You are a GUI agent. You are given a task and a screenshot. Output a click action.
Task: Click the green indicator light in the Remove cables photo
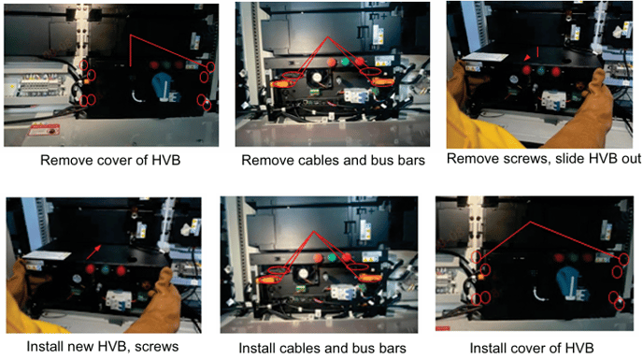345,62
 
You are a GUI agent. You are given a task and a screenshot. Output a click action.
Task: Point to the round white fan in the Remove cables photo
316,78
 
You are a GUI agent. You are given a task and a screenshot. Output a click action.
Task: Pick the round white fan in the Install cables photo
303,274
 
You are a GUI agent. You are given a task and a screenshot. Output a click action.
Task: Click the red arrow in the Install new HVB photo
93,252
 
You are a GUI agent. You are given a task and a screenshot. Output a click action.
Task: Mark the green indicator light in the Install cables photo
332,258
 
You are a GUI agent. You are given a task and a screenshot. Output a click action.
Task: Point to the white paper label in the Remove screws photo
485,58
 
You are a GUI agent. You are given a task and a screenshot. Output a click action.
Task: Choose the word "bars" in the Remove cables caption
410,160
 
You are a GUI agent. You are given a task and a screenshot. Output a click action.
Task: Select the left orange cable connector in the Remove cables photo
283,83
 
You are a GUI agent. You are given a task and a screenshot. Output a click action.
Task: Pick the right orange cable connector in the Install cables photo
370,278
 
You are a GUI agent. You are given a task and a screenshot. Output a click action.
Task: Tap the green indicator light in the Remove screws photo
540,71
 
